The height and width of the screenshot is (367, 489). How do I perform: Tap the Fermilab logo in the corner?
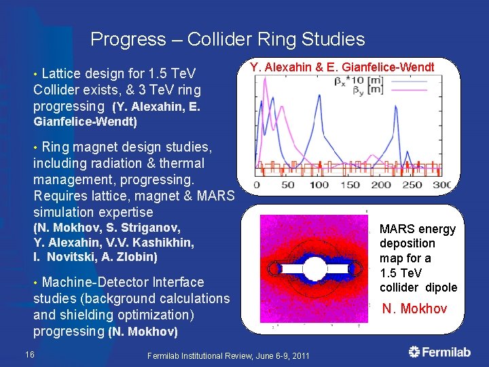(x=439, y=352)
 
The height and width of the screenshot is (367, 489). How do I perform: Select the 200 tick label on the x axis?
(x=380, y=185)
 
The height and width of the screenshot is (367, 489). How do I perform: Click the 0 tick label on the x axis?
(x=257, y=185)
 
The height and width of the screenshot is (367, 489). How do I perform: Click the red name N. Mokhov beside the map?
(x=414, y=309)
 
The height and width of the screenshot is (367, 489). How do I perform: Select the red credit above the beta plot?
(x=342, y=67)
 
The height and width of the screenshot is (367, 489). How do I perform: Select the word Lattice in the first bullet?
(x=63, y=73)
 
